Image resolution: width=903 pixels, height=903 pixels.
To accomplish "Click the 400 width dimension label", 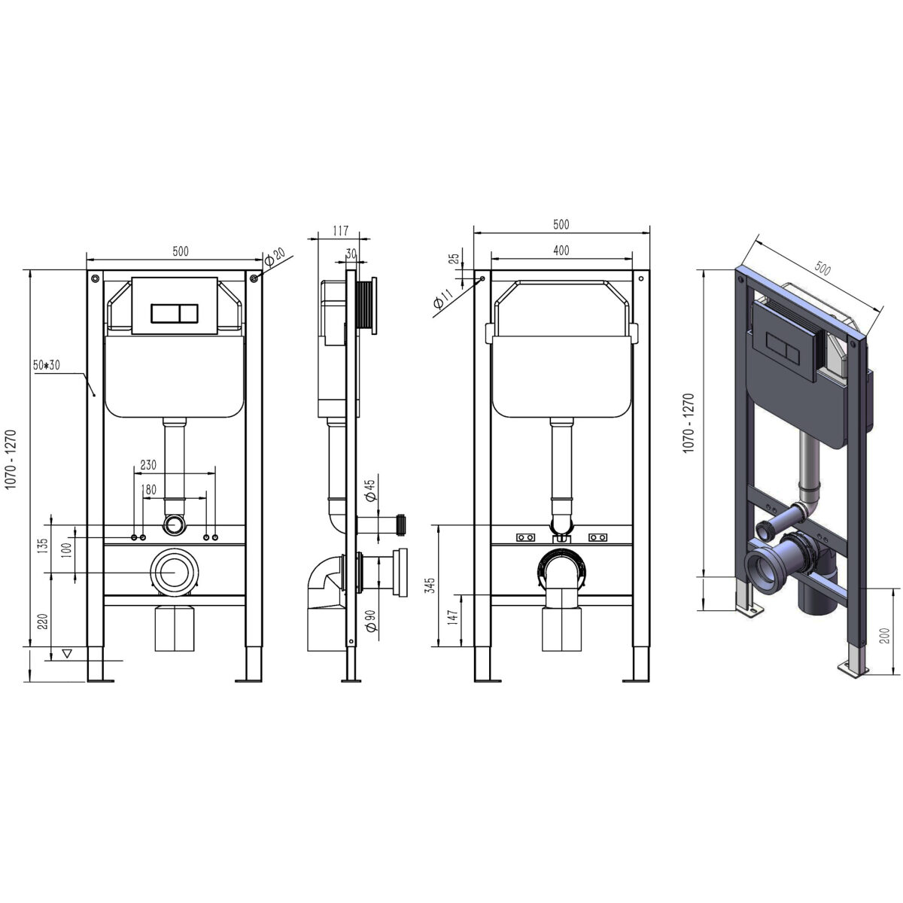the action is coord(561,251).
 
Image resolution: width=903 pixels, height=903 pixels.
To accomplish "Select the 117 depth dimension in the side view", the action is coord(341,230).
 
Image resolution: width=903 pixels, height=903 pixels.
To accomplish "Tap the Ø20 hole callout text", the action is coord(274,257).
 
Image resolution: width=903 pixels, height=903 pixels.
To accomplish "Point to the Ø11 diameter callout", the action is coord(443,299).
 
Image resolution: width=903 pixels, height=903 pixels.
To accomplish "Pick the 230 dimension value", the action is coord(148,465).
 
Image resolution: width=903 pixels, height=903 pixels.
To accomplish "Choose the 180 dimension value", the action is coord(148,490).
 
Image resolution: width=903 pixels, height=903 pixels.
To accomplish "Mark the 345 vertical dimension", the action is coord(430,585).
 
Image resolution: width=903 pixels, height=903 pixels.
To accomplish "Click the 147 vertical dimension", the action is coord(452,617).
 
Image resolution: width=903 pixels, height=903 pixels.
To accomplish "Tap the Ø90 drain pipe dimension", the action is coord(371,621).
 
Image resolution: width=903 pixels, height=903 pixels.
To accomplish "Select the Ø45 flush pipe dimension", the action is coord(371,490).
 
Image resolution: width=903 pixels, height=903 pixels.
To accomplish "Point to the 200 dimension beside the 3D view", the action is coord(884,636).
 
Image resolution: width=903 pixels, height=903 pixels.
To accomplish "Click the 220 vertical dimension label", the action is coord(43,622).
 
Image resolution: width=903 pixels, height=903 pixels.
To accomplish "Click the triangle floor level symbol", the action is coord(67,653).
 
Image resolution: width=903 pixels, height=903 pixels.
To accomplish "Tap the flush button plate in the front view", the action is coord(175,306).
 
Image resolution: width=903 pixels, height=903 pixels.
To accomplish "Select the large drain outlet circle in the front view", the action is coord(175,573).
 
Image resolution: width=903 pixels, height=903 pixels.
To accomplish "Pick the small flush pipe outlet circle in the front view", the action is coord(175,524).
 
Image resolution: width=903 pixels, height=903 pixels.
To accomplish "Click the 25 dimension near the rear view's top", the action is coord(454,259).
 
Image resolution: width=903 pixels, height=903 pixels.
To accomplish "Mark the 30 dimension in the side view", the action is coord(351,254).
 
